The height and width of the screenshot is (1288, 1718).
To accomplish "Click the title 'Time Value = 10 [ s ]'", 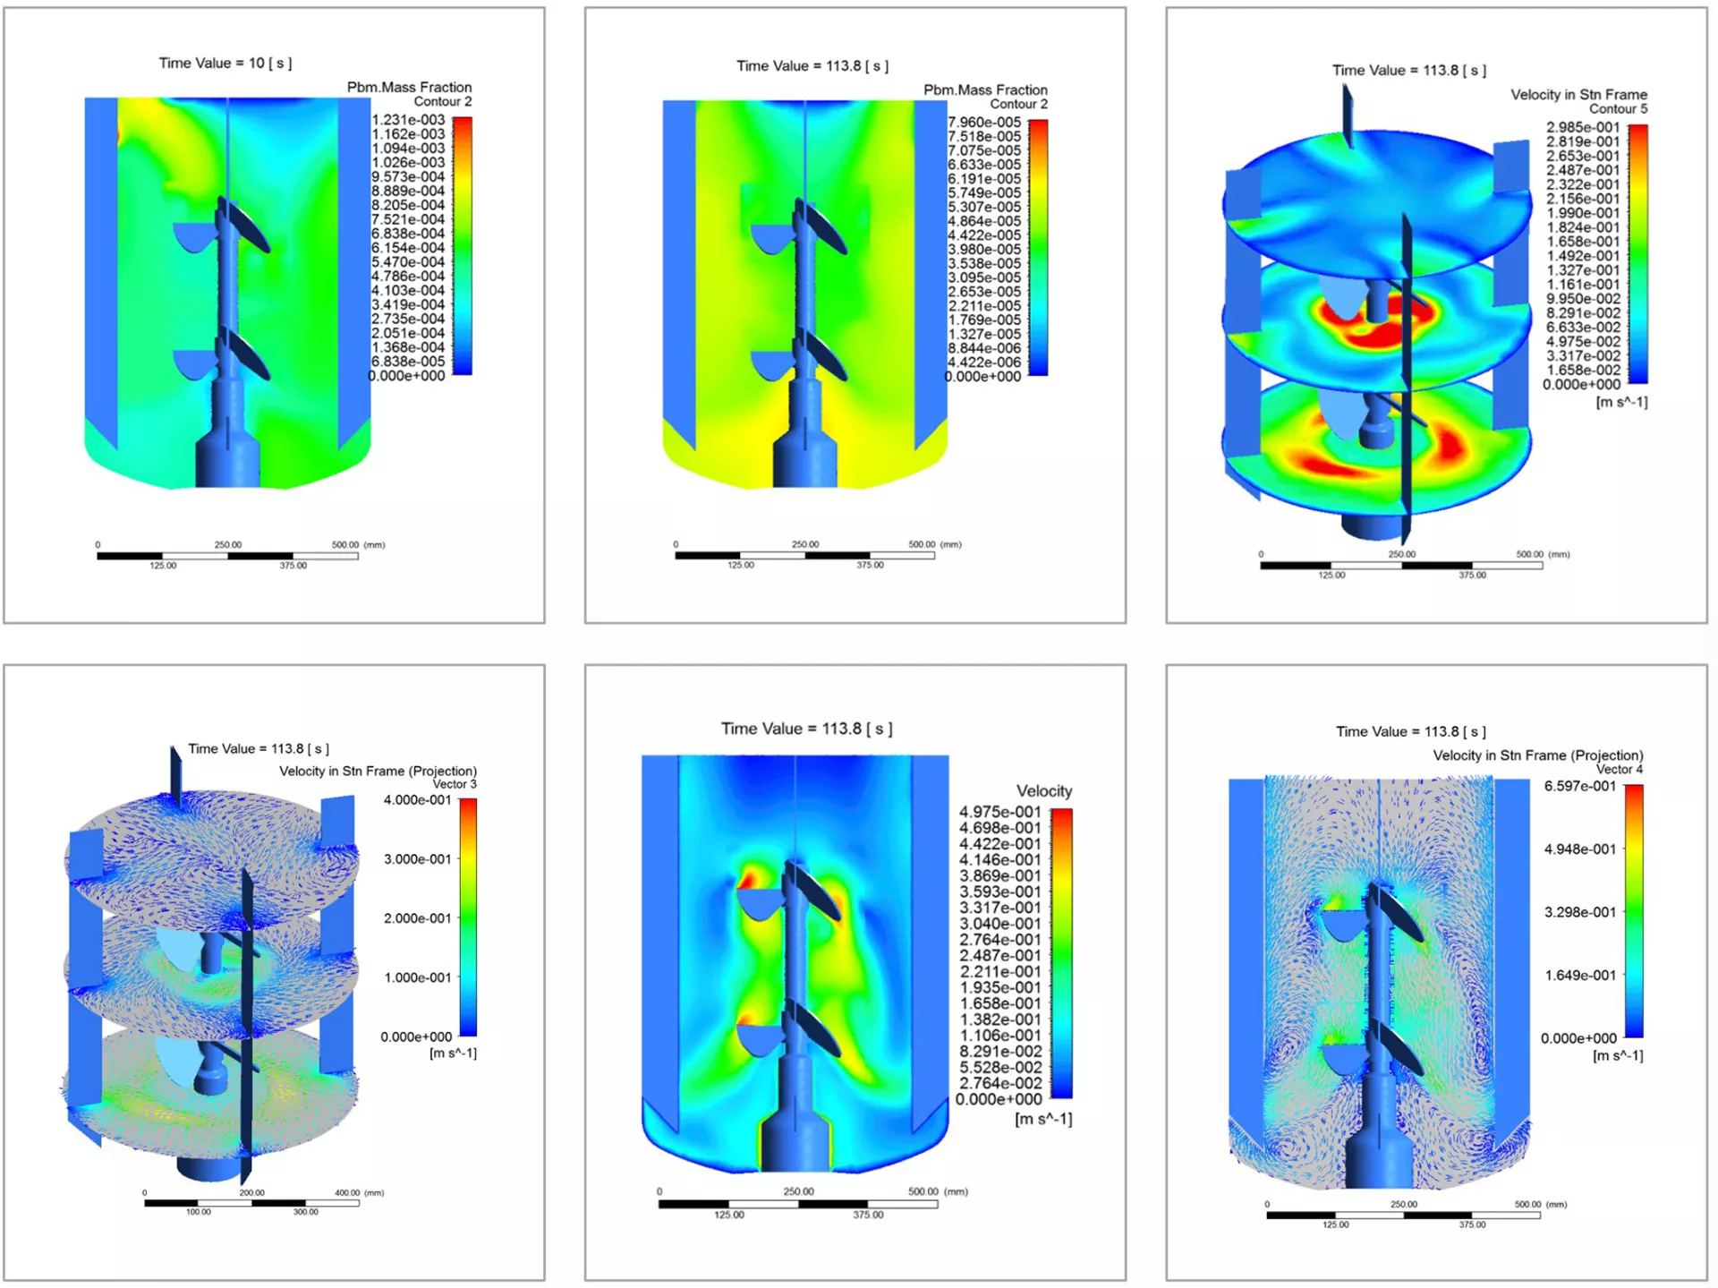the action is click(225, 64).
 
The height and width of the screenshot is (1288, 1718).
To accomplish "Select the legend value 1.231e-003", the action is click(408, 120).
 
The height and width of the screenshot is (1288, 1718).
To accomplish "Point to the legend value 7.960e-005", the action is click(984, 123).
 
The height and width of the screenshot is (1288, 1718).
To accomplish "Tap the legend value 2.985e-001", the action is click(1583, 128).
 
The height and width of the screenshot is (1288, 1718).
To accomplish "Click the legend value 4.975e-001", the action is click(1000, 813).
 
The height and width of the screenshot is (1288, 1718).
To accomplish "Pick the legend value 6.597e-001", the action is click(1580, 787).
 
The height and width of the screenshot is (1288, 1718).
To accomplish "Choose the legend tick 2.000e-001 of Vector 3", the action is click(418, 918).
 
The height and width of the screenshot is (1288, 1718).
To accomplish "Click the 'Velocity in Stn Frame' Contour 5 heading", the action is click(1579, 95).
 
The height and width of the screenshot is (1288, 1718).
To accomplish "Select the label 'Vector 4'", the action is click(1620, 770).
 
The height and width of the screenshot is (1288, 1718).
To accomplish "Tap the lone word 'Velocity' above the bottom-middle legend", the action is click(1044, 791).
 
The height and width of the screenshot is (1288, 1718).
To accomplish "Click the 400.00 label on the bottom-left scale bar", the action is click(347, 1193).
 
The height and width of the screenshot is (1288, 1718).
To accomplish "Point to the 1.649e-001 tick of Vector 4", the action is click(1580, 976).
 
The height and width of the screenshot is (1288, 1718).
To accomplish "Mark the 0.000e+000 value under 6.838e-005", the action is click(407, 376).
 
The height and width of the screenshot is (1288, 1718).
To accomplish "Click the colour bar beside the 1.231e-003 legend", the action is click(462, 246).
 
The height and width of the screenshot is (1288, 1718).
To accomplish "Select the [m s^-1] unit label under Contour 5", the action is click(1621, 403).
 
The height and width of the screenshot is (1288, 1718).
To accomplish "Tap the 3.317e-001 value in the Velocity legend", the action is click(1000, 908).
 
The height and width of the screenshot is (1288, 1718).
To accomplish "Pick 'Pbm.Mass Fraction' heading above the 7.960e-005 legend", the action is click(985, 90).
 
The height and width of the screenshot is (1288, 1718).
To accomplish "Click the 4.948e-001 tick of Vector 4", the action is click(1580, 849).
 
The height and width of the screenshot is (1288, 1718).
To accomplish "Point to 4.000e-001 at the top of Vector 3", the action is click(418, 800).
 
